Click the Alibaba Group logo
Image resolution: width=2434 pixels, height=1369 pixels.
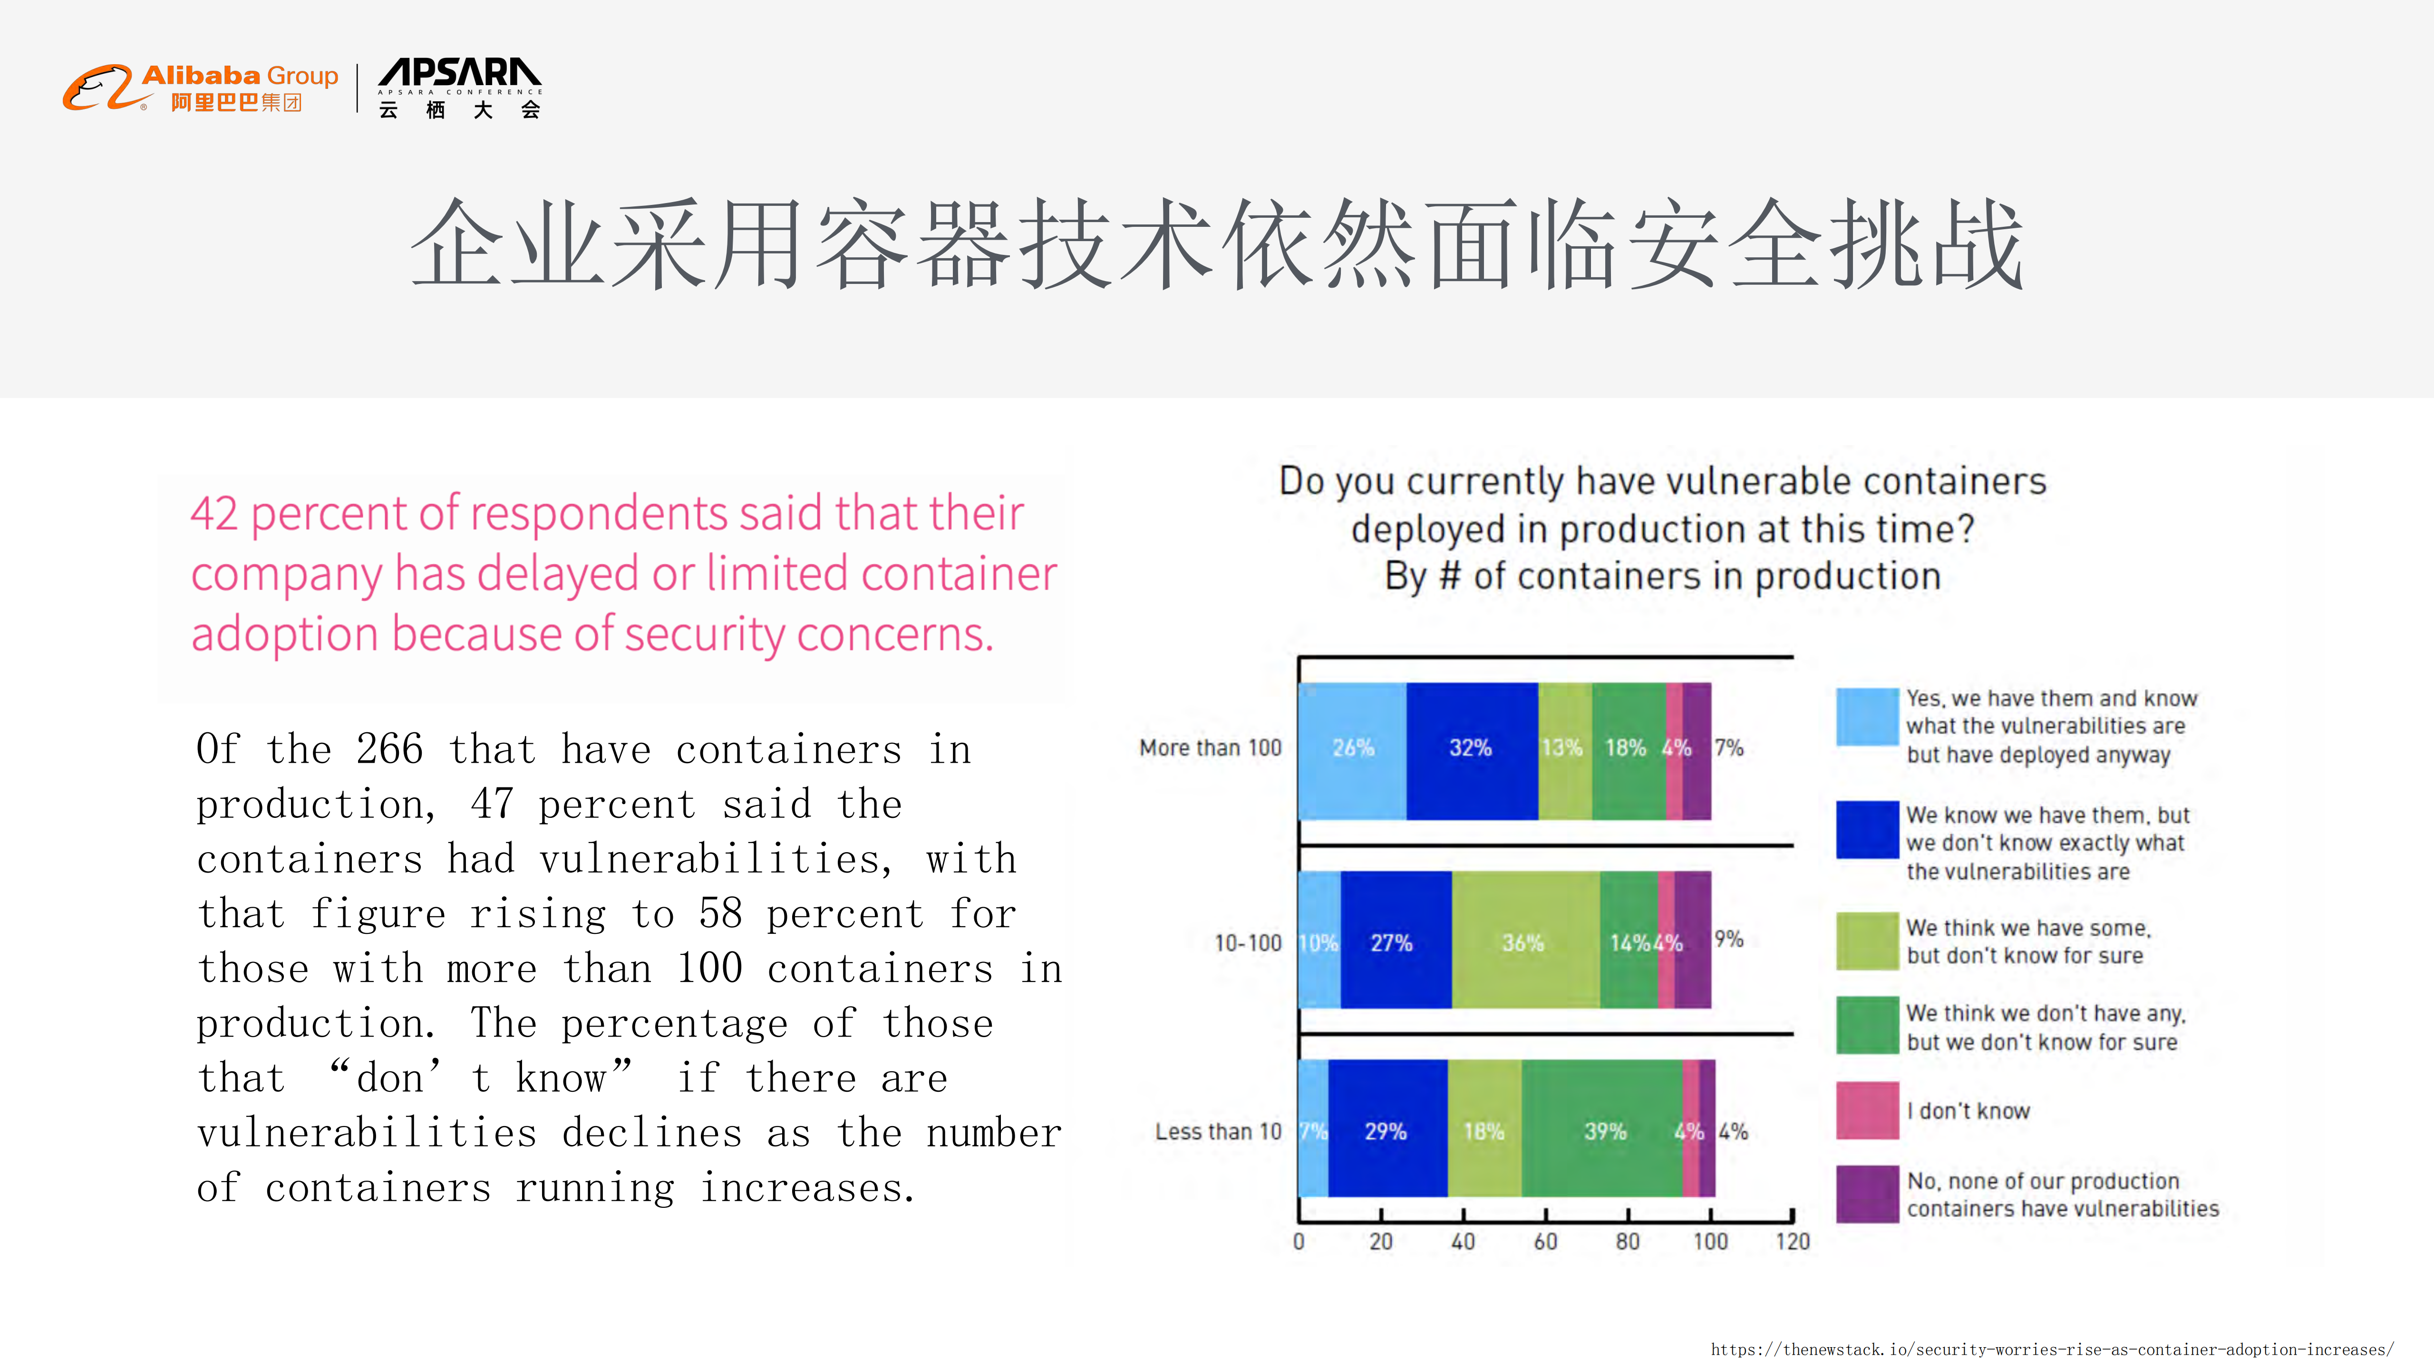click(200, 88)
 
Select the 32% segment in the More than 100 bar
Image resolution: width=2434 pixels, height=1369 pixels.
click(1471, 748)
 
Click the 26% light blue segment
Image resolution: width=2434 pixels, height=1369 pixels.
click(1352, 748)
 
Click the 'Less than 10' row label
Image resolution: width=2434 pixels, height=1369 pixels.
click(1218, 1131)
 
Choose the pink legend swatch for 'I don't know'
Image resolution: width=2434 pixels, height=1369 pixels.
click(1867, 1110)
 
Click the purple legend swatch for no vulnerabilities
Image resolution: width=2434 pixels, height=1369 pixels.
click(1867, 1194)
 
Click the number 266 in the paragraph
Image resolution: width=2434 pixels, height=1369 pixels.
click(389, 749)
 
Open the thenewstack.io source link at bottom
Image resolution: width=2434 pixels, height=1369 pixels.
click(2052, 1349)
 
